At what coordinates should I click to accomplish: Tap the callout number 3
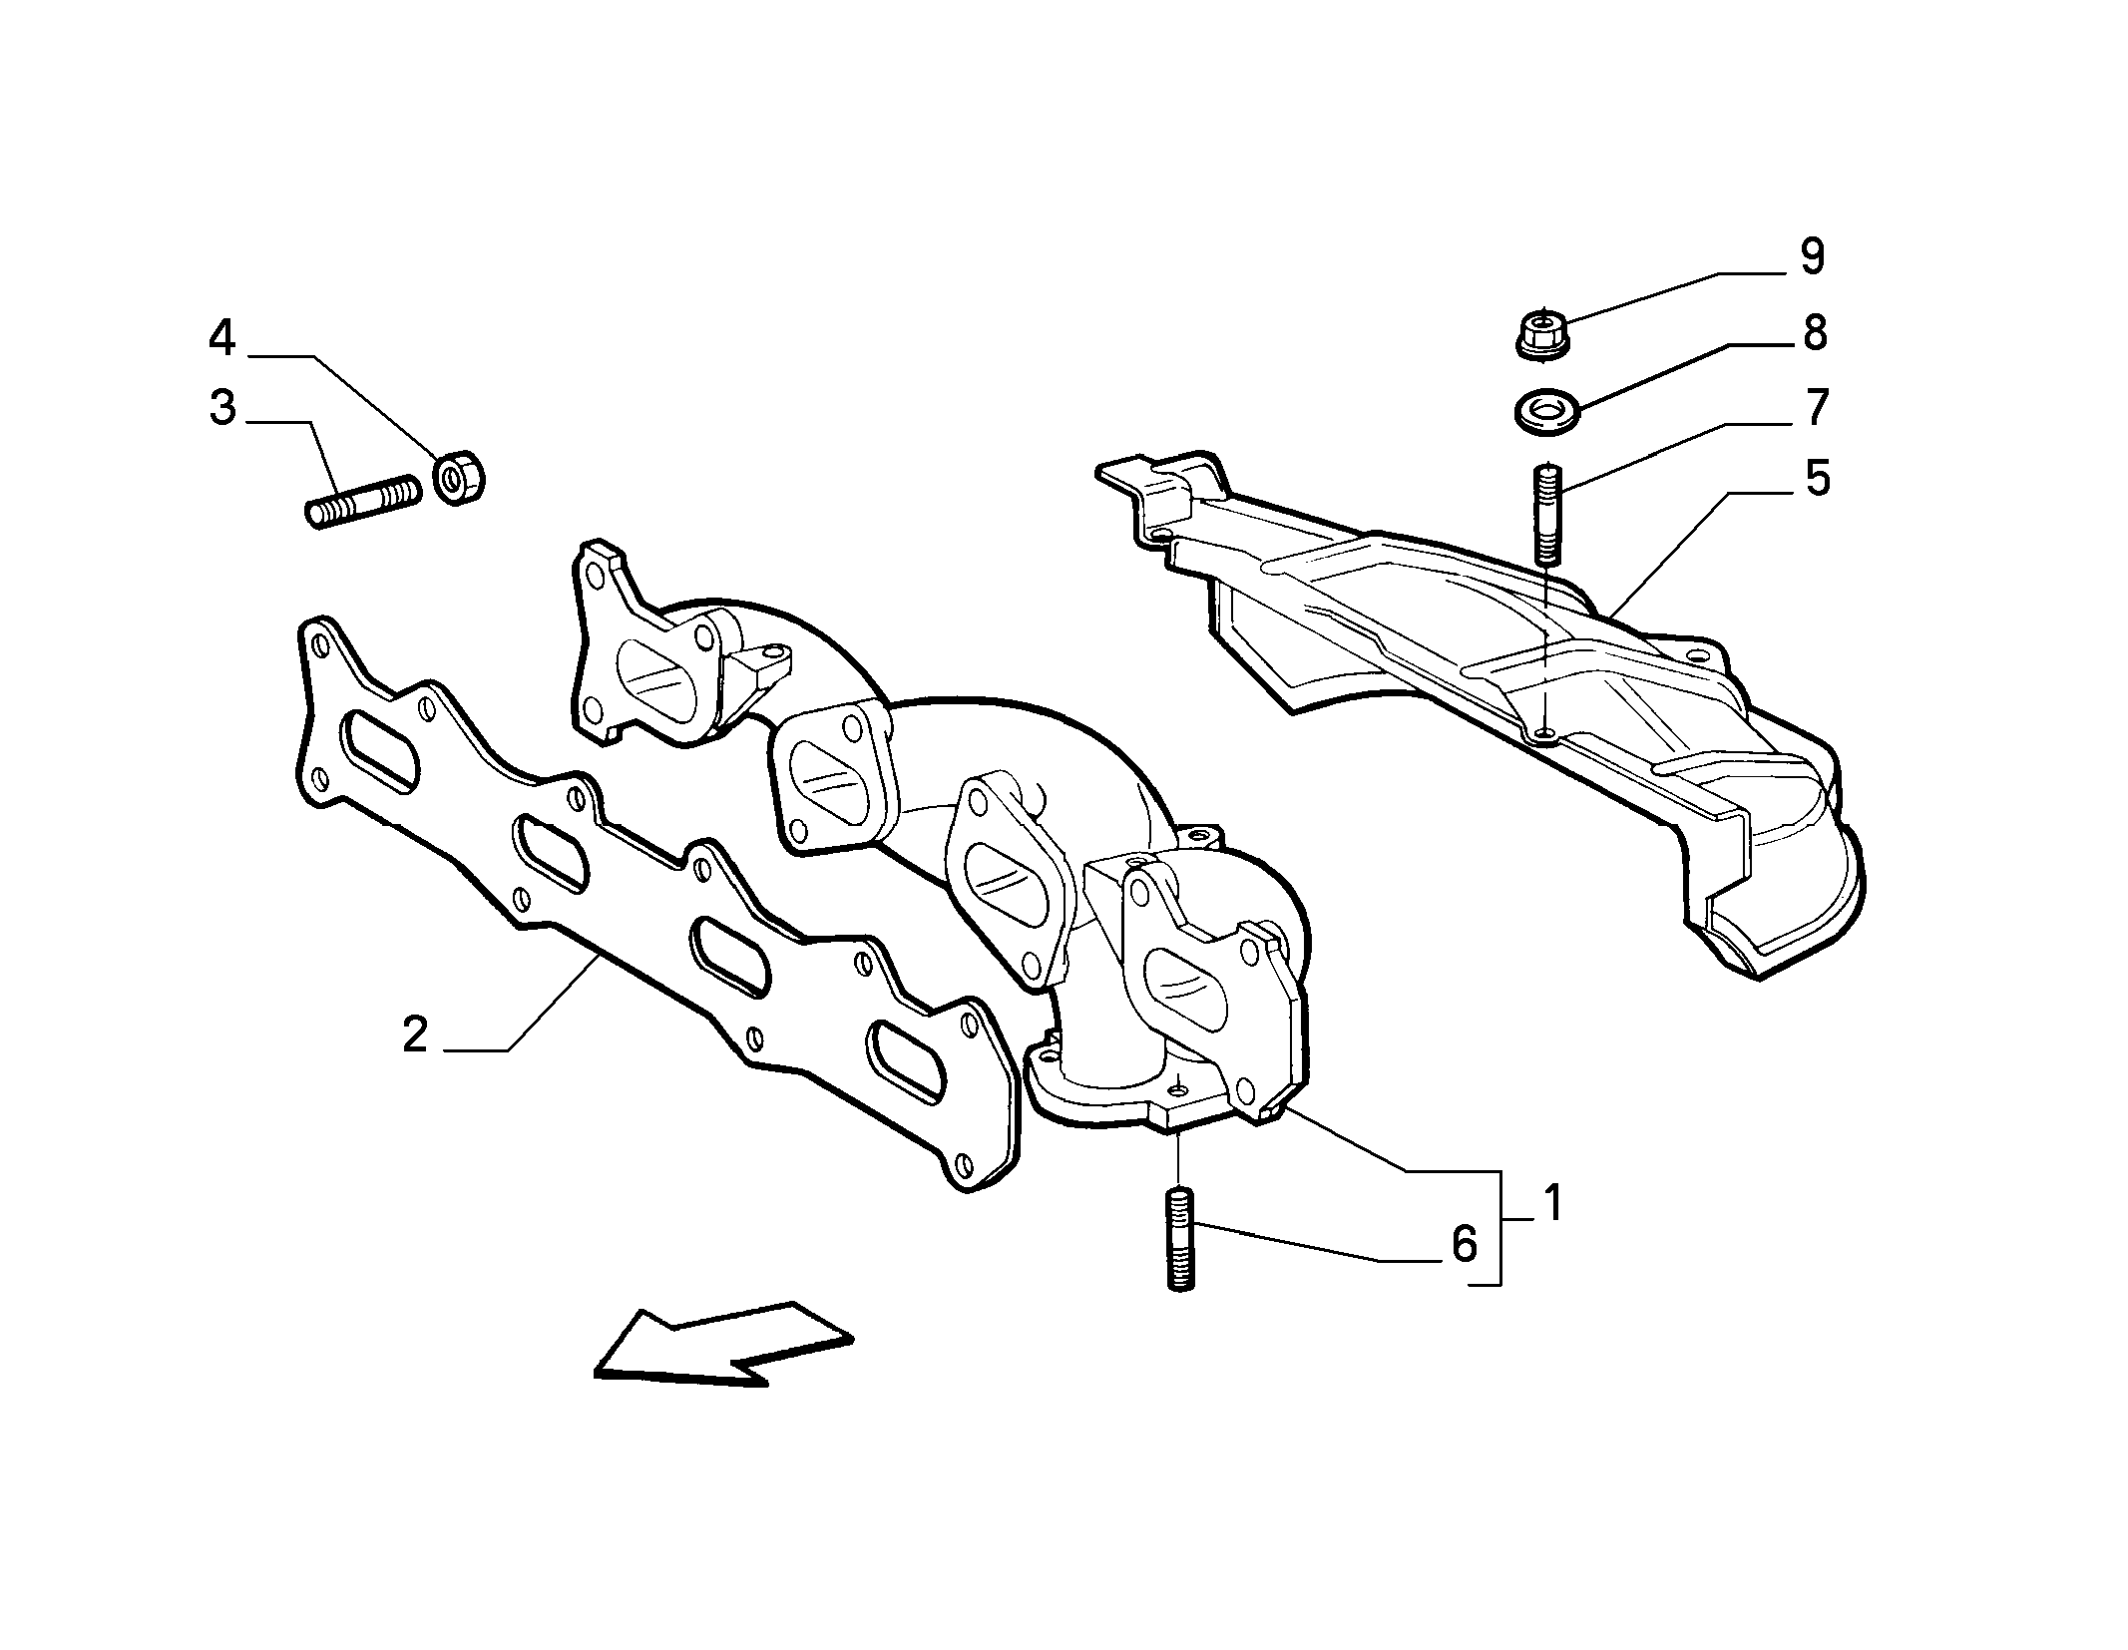tap(221, 408)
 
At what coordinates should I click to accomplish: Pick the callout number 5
tap(1818, 478)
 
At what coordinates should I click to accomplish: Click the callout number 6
tap(1464, 1244)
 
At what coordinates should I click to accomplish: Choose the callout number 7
tap(1816, 407)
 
